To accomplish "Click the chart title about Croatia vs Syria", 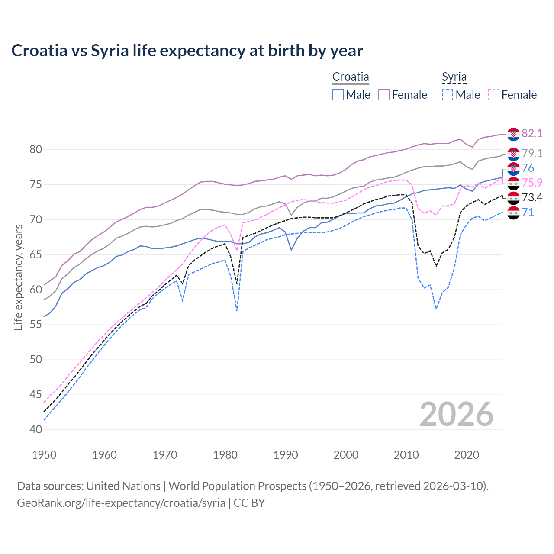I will pyautogui.click(x=187, y=51).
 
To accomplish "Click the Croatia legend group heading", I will pyautogui.click(x=351, y=77).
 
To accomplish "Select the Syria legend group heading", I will pyautogui.click(x=454, y=77).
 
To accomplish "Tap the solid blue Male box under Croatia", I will pyautogui.click(x=338, y=95).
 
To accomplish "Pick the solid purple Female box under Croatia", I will pyautogui.click(x=384, y=95).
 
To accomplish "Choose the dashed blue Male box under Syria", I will pyautogui.click(x=448, y=95).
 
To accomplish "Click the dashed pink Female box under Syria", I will pyautogui.click(x=494, y=95).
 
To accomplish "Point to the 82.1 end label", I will pyautogui.click(x=532, y=133).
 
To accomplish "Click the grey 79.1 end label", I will pyautogui.click(x=532, y=153).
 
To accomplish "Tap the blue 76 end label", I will pyautogui.click(x=528, y=168).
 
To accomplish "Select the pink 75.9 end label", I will pyautogui.click(x=532, y=183).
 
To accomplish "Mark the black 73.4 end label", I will pyautogui.click(x=532, y=197).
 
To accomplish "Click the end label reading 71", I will pyautogui.click(x=528, y=212).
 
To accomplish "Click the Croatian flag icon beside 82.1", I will pyautogui.click(x=513, y=134).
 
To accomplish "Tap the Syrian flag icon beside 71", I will pyautogui.click(x=513, y=213).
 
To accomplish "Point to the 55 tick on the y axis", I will pyautogui.click(x=36, y=324).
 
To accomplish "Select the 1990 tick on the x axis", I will pyautogui.click(x=286, y=455).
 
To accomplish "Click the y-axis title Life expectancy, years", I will pyautogui.click(x=19, y=277).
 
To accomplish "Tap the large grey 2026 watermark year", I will pyautogui.click(x=457, y=414).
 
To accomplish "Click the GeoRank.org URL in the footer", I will pyautogui.click(x=121, y=503).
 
